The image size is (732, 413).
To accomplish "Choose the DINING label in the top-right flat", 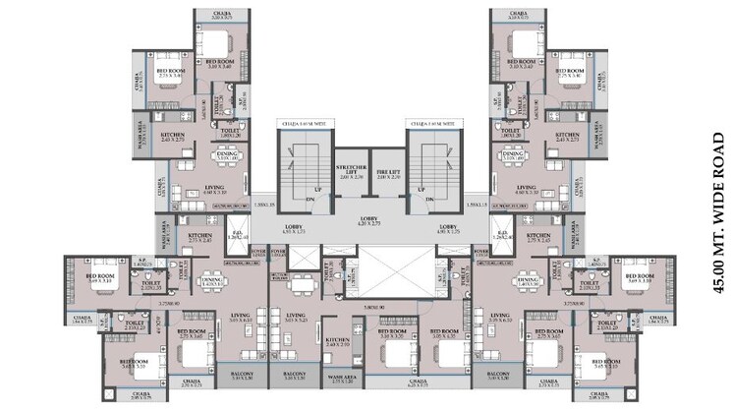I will click(x=512, y=153).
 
